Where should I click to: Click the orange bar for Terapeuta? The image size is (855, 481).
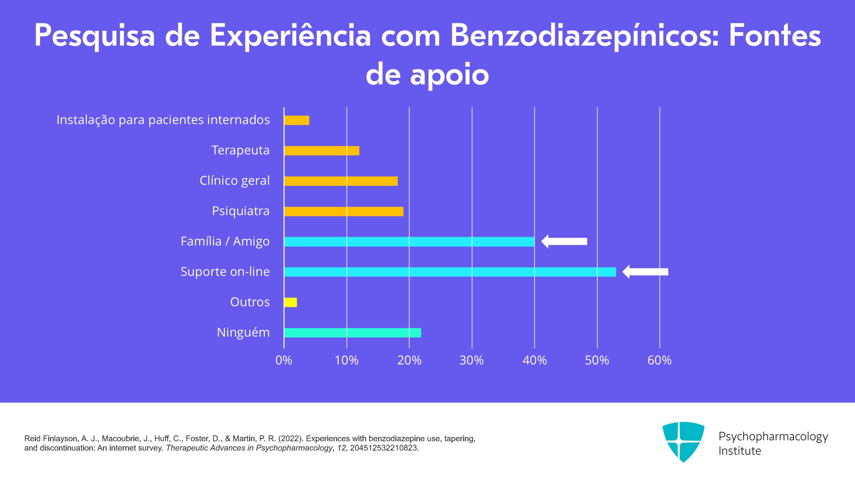[x=322, y=151]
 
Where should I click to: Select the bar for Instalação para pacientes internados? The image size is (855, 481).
[x=297, y=120]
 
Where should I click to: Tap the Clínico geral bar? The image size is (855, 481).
[x=341, y=181]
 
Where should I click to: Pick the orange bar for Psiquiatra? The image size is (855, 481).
[x=344, y=211]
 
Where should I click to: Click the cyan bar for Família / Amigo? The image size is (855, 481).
[x=409, y=242]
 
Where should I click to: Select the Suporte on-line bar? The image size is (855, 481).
[x=450, y=272]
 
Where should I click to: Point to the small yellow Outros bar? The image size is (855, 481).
[x=291, y=302]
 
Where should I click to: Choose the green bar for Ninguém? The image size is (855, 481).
[x=352, y=333]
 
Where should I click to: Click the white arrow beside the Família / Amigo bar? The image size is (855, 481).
[x=564, y=242]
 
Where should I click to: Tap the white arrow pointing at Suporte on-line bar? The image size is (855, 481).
[x=645, y=272]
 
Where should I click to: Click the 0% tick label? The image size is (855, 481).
[x=284, y=360]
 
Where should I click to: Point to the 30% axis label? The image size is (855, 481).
[x=471, y=360]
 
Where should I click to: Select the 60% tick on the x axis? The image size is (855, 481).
[x=659, y=360]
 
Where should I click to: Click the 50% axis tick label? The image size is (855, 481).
[x=597, y=360]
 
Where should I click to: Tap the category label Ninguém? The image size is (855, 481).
[x=243, y=333]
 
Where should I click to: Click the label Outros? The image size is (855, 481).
[x=250, y=302]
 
